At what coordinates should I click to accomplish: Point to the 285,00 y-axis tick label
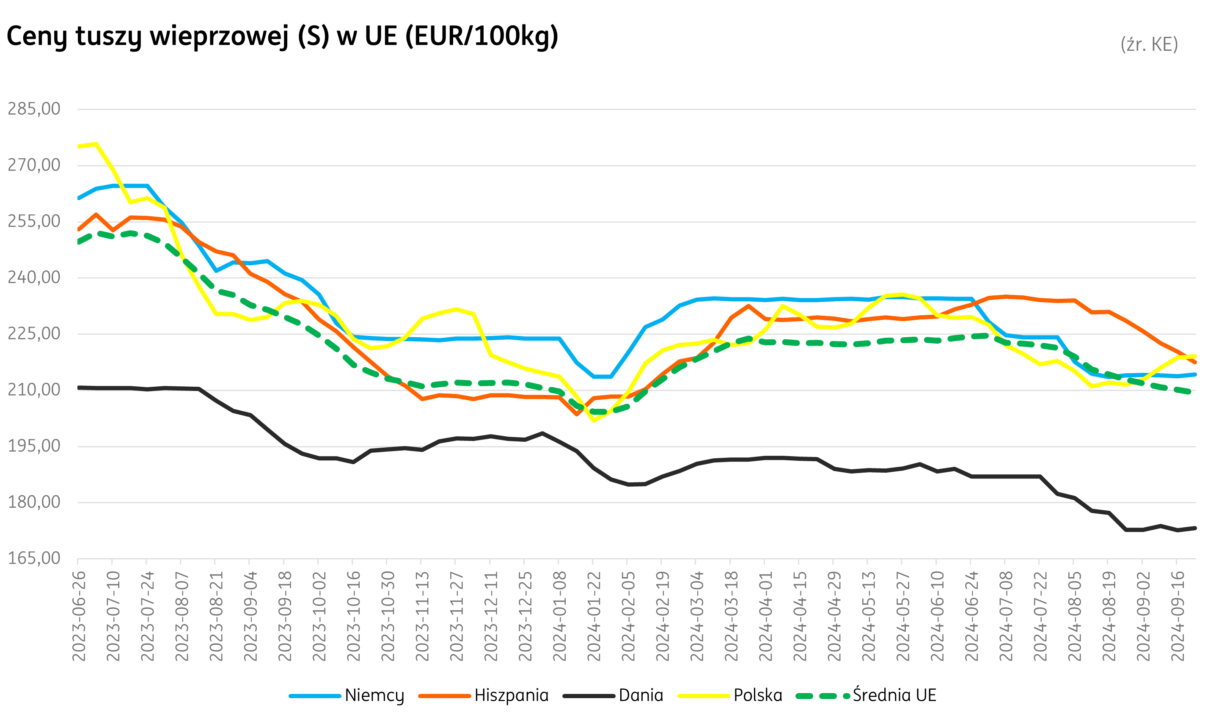click(x=34, y=109)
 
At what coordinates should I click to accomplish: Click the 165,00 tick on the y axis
click(x=34, y=558)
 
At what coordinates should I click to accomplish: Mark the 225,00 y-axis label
click(x=34, y=334)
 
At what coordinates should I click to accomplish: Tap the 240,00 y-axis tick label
click(x=34, y=278)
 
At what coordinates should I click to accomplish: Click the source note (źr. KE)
click(x=1149, y=44)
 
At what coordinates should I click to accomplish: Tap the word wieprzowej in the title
click(x=219, y=36)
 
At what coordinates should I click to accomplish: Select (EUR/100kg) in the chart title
click(x=481, y=36)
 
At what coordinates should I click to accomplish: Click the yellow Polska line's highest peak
click(x=96, y=144)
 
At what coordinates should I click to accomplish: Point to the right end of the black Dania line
click(x=1195, y=528)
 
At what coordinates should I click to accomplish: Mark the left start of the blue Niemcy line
click(x=79, y=198)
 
